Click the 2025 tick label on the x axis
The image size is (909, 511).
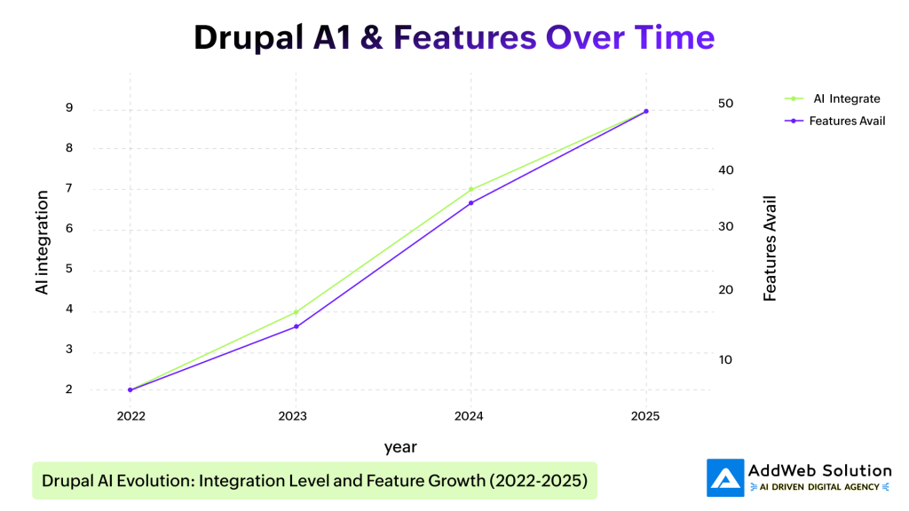point(645,415)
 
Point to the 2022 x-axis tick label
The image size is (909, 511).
point(130,415)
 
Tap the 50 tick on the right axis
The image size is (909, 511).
point(725,104)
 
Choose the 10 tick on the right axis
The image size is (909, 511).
point(725,359)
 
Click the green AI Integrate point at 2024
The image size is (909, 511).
point(470,189)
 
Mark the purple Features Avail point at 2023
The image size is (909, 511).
point(296,326)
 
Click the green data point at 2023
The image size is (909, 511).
point(296,312)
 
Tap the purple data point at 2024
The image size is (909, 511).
point(470,203)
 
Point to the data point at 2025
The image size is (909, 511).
point(645,111)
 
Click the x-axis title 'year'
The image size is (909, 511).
point(400,446)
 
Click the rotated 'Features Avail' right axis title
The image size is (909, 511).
point(770,248)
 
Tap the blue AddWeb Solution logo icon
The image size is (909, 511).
point(725,477)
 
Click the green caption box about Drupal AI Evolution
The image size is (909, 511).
point(314,481)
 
